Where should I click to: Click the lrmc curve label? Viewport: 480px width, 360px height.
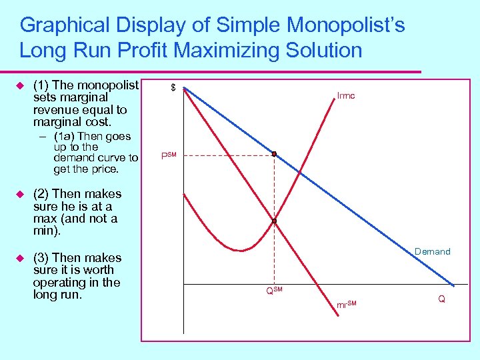pyautogui.click(x=346, y=96)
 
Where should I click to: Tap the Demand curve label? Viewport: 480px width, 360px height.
pyautogui.click(x=432, y=251)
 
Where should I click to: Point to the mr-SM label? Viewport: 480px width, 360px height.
pyautogui.click(x=346, y=305)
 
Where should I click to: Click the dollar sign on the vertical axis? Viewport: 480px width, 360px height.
pyautogui.click(x=173, y=88)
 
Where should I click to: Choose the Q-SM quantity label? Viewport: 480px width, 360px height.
pyautogui.click(x=274, y=291)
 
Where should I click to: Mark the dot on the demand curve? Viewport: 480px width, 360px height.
pyautogui.click(x=273, y=154)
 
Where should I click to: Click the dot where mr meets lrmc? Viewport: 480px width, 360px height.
pyautogui.click(x=273, y=221)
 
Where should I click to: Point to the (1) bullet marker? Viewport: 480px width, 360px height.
pyautogui.click(x=19, y=85)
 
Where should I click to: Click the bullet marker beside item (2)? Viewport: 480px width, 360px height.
pyautogui.click(x=19, y=194)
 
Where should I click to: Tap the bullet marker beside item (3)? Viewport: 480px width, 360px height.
pyautogui.click(x=19, y=258)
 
